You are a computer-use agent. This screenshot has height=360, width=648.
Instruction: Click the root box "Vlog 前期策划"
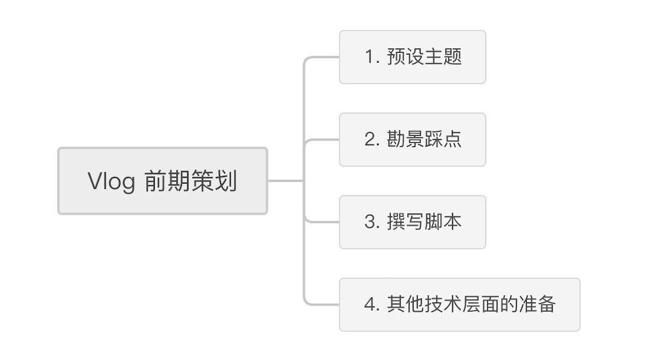pyautogui.click(x=163, y=181)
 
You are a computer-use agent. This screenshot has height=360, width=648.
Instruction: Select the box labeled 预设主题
pyautogui.click(x=412, y=57)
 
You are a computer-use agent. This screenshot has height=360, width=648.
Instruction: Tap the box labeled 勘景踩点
pyautogui.click(x=412, y=140)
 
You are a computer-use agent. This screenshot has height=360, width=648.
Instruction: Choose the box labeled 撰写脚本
pyautogui.click(x=412, y=223)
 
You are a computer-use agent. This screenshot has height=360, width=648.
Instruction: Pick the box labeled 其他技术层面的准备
pyautogui.click(x=460, y=305)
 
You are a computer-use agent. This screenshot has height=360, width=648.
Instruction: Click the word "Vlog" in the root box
pyautogui.click(x=111, y=181)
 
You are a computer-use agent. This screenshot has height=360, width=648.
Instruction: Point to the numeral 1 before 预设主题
pyautogui.click(x=370, y=57)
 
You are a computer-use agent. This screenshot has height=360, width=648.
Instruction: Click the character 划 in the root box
pyautogui.click(x=226, y=181)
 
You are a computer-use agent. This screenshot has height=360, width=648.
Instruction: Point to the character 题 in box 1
pyautogui.click(x=452, y=56)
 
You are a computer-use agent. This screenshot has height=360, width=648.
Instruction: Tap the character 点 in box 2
pyautogui.click(x=452, y=139)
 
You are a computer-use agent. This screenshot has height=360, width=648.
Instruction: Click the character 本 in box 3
pyautogui.click(x=452, y=222)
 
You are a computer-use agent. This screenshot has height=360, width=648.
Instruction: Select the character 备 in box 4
pyautogui.click(x=547, y=304)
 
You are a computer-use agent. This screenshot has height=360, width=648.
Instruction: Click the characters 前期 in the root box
pyautogui.click(x=167, y=181)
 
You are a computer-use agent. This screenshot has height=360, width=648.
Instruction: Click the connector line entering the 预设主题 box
pyautogui.click(x=322, y=57)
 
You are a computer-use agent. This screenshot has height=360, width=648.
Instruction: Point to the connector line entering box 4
pyautogui.click(x=322, y=305)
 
